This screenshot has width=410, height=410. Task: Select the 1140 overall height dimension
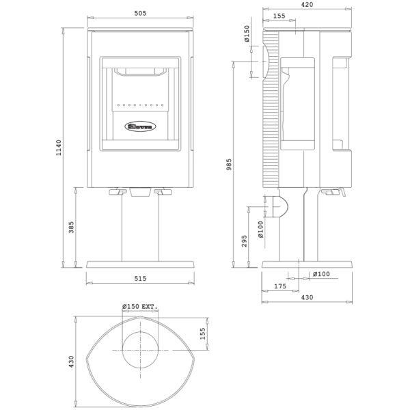click(59, 147)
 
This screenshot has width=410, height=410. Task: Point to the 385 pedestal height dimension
click(72, 227)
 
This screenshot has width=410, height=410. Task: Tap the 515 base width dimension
click(140, 279)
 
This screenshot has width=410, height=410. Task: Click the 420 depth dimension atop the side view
click(307, 5)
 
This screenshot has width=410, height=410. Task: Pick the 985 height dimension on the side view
click(230, 164)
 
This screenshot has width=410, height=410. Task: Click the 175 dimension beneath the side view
click(279, 287)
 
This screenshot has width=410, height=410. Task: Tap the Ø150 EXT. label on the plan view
click(139, 307)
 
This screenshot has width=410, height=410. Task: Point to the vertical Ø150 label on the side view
click(247, 34)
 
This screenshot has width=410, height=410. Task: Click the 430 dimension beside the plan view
click(72, 361)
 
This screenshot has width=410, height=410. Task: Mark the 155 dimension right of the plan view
click(203, 333)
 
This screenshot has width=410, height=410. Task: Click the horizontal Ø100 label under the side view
click(320, 275)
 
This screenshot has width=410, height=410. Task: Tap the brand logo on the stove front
click(141, 126)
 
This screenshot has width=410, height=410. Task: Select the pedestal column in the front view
click(140, 229)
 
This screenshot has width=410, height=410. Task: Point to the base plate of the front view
click(140, 264)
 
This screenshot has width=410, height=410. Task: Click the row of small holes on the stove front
click(141, 106)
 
